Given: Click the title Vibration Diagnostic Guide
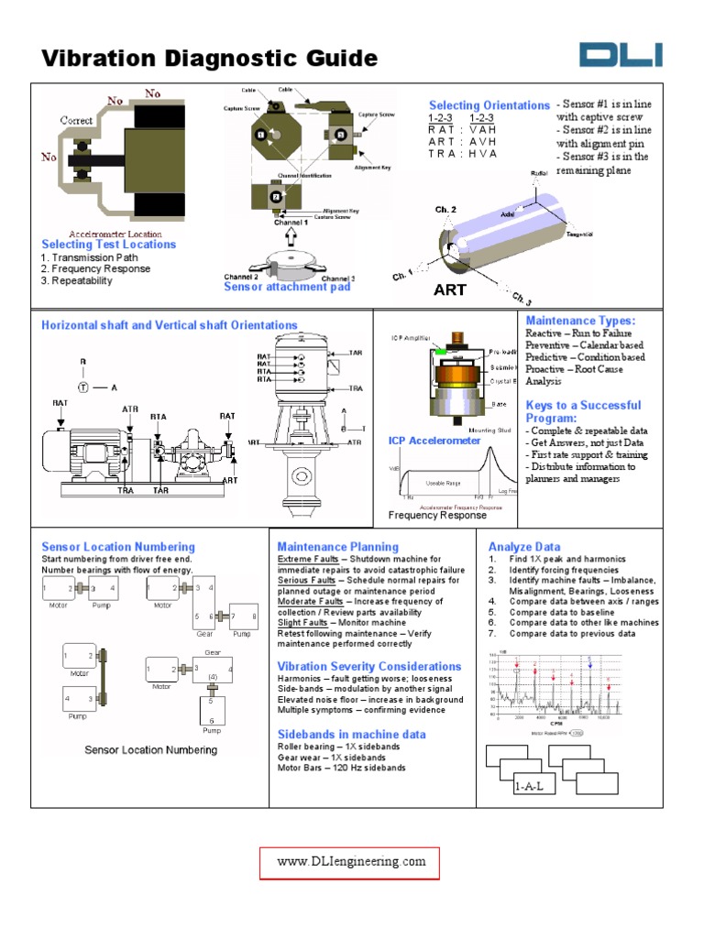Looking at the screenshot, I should click(x=209, y=59).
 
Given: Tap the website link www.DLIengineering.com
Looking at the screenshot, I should click(x=352, y=861).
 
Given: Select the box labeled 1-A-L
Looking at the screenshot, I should click(x=536, y=786).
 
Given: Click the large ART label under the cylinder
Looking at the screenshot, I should click(x=450, y=289).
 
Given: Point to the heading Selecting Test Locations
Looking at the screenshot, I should click(x=108, y=245).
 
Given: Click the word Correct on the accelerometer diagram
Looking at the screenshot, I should click(x=77, y=120).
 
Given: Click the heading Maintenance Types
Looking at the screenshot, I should click(x=579, y=321).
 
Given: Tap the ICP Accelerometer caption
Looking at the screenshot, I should click(x=434, y=441).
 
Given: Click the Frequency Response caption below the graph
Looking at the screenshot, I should click(x=437, y=515).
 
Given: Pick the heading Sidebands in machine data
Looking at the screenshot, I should click(x=351, y=734).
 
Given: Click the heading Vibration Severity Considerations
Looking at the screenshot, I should click(x=369, y=666).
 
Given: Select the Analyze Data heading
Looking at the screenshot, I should click(x=523, y=547).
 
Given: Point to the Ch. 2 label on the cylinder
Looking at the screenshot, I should click(x=445, y=210).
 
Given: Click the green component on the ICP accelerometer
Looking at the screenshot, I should click(x=441, y=351).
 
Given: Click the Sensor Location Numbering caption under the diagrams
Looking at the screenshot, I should click(x=151, y=749).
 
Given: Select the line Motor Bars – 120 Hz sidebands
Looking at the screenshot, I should click(x=341, y=768).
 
